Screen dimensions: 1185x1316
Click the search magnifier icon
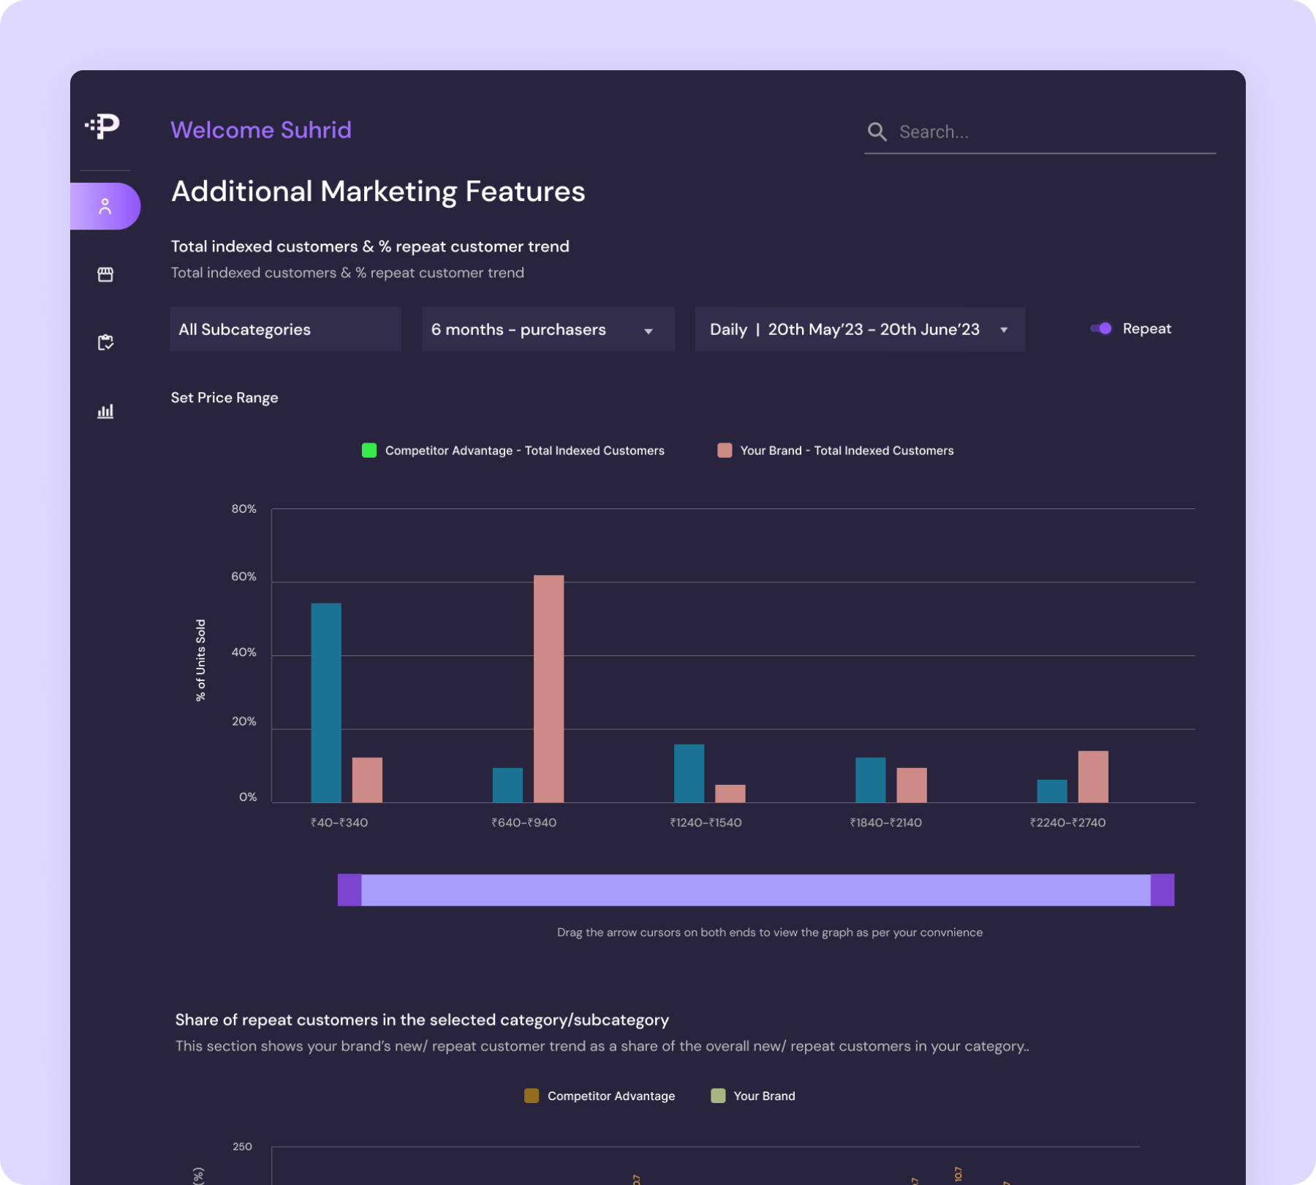pyautogui.click(x=877, y=132)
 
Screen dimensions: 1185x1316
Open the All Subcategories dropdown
pyautogui.click(x=285, y=329)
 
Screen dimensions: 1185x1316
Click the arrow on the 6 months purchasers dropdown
pyautogui.click(x=648, y=331)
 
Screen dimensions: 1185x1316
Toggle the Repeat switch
pyautogui.click(x=1101, y=328)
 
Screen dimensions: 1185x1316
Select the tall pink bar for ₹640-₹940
pyautogui.click(x=548, y=688)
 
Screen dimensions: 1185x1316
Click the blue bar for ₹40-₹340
pyautogui.click(x=326, y=702)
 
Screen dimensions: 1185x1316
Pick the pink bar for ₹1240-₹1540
pyautogui.click(x=730, y=793)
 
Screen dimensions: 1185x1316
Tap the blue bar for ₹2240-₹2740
pyautogui.click(x=1051, y=791)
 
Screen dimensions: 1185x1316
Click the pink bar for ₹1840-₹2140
pyautogui.click(x=911, y=784)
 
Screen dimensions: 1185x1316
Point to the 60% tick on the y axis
pyautogui.click(x=243, y=576)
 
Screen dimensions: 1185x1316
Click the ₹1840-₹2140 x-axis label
pyautogui.click(x=885, y=822)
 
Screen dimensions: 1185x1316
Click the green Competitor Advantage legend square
pyautogui.click(x=369, y=450)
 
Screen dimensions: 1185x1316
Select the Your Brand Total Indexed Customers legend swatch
pyautogui.click(x=725, y=450)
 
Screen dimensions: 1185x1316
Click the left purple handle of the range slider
pyautogui.click(x=349, y=889)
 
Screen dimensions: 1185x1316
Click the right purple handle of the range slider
pyautogui.click(x=1162, y=889)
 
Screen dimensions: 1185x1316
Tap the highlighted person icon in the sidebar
pyautogui.click(x=105, y=206)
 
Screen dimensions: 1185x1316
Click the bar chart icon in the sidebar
pyautogui.click(x=105, y=410)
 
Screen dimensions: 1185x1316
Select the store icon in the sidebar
pyautogui.click(x=105, y=274)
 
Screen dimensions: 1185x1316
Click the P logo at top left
pyautogui.click(x=103, y=126)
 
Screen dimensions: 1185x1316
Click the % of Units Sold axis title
pyautogui.click(x=200, y=660)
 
